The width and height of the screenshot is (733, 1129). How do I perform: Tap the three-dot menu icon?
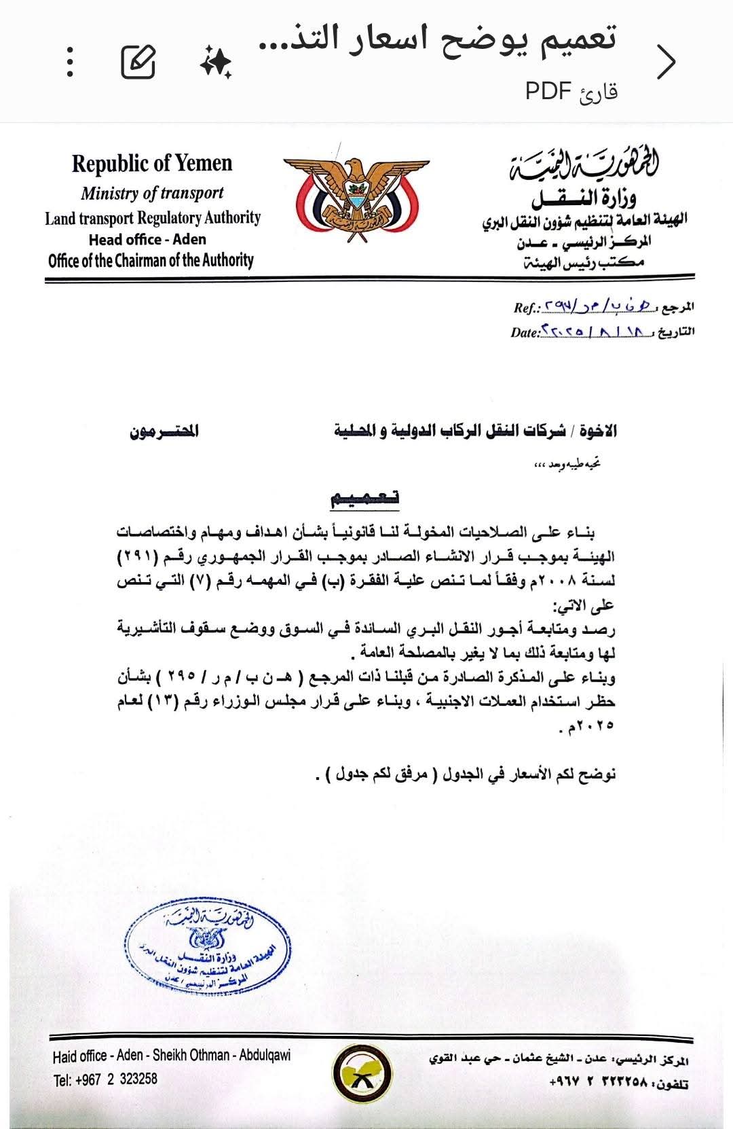pyautogui.click(x=71, y=62)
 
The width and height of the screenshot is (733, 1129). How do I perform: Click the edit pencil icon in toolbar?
pyautogui.click(x=138, y=62)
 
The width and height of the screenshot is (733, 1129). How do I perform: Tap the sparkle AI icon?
pyautogui.click(x=216, y=63)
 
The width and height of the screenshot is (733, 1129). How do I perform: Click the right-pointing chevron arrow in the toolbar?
pyautogui.click(x=666, y=62)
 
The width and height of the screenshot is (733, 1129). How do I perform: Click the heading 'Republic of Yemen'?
pyautogui.click(x=152, y=164)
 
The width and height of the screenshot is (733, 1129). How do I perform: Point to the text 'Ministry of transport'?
pyautogui.click(x=152, y=193)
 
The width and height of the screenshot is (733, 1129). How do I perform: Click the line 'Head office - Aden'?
pyautogui.click(x=147, y=239)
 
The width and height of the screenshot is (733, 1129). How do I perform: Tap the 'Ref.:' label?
pyautogui.click(x=527, y=308)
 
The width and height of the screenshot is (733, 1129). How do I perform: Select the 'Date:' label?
pyautogui.click(x=525, y=333)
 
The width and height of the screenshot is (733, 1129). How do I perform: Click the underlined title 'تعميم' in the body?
pyautogui.click(x=364, y=499)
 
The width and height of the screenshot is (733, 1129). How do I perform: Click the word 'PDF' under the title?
pyautogui.click(x=548, y=91)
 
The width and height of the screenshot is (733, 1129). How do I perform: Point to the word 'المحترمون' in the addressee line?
pyautogui.click(x=165, y=431)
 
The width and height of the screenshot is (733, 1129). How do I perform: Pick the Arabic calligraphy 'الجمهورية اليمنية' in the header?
pyautogui.click(x=585, y=166)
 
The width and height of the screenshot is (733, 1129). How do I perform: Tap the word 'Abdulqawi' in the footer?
pyautogui.click(x=265, y=1056)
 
